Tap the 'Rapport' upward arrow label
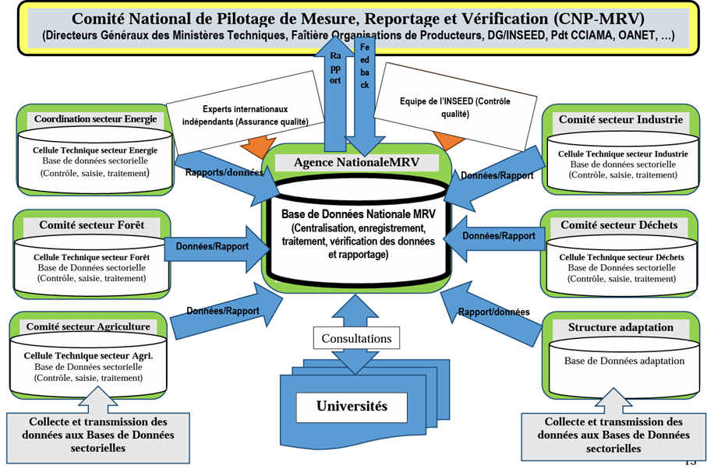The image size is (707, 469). [x=335, y=68]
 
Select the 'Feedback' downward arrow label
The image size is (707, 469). [x=364, y=66]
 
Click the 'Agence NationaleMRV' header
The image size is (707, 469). [x=356, y=162]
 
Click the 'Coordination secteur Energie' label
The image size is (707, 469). [x=95, y=119]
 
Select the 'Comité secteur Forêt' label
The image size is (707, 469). [x=92, y=225]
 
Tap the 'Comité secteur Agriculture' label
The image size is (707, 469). [x=88, y=327]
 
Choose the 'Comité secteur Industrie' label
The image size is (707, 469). [x=620, y=120]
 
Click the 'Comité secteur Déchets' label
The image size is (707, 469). [x=619, y=225]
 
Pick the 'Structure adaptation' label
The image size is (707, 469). [x=620, y=327]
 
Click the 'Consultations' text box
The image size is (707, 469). [x=356, y=339]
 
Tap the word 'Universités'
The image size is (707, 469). [x=352, y=406]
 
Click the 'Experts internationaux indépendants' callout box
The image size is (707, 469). [x=245, y=115]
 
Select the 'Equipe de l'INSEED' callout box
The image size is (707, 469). [x=456, y=107]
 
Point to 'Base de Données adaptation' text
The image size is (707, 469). [x=624, y=361]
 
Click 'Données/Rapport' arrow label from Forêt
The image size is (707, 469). [x=212, y=246]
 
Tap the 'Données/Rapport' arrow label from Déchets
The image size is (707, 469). [x=499, y=235]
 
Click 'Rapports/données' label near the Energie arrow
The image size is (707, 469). [x=224, y=172]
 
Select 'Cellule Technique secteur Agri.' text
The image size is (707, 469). [x=88, y=355]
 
